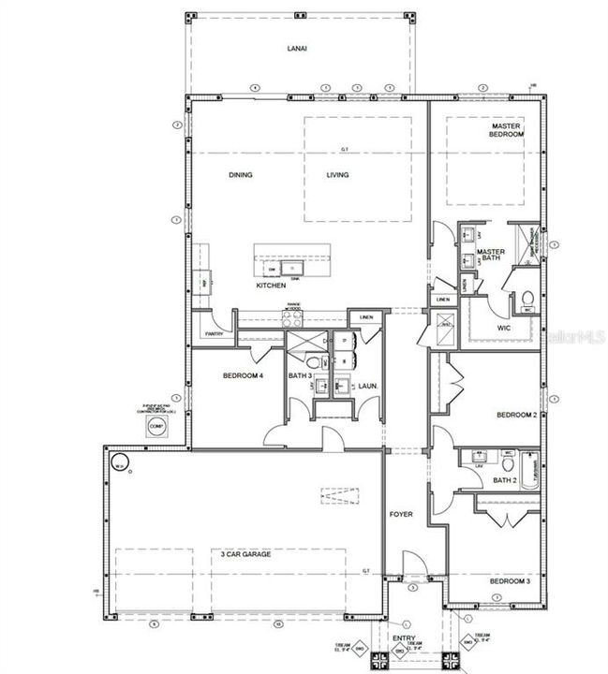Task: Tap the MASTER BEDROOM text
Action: point(507,130)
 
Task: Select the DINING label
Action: point(241,175)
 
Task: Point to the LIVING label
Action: point(337,175)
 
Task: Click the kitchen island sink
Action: point(292,270)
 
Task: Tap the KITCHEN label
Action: point(271,286)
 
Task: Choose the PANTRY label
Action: point(214,333)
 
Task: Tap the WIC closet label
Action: point(503,329)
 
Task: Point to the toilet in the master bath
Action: point(527,300)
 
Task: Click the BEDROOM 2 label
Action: point(514,415)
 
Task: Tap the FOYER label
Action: point(401,515)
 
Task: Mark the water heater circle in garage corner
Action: point(119,462)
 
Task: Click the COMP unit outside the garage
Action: point(156,426)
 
